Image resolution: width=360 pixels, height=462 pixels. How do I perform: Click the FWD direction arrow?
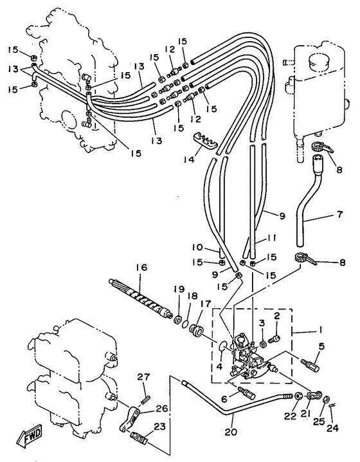pyautogui.click(x=29, y=434)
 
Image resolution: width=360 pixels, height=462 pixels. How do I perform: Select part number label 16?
pyautogui.click(x=141, y=268)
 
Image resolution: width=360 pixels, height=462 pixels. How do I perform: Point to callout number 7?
pyautogui.click(x=339, y=214)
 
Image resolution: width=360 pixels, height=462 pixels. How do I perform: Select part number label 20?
pyautogui.click(x=231, y=432)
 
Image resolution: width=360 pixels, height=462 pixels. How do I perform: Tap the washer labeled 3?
pyautogui.click(x=264, y=344)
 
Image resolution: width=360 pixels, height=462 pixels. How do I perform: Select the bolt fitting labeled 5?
pyautogui.click(x=310, y=364)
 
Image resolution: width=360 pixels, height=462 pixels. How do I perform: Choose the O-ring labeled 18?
pyautogui.click(x=185, y=324)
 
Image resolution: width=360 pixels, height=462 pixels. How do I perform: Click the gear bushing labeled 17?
pyautogui.click(x=195, y=330)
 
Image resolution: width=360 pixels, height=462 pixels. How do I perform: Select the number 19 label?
pyautogui.click(x=181, y=289)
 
